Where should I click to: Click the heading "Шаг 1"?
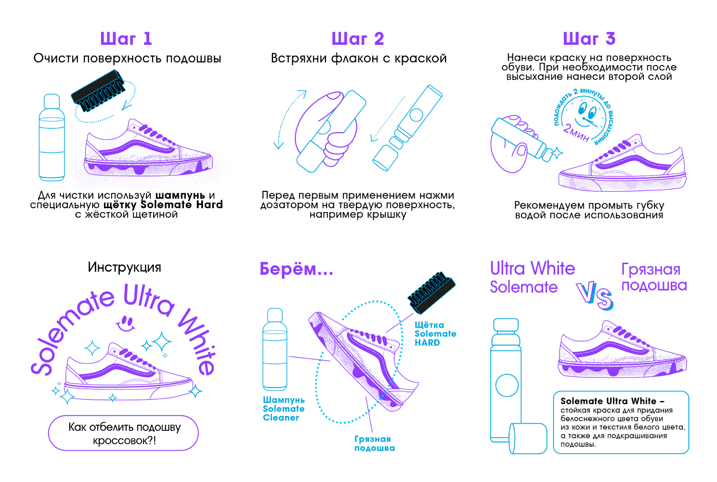[x=126, y=39]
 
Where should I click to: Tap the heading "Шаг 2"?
[x=358, y=39]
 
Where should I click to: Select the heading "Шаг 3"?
[x=589, y=39]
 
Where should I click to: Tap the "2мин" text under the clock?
[x=576, y=133]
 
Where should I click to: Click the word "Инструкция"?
[x=124, y=267]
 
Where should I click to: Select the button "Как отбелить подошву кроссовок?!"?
[x=123, y=433]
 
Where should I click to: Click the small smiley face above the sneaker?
[x=126, y=322]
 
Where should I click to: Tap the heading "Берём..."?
[x=296, y=269]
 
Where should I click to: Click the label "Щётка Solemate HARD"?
[x=435, y=334]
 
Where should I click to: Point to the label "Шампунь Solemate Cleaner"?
[x=284, y=409]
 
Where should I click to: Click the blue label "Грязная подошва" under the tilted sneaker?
[x=375, y=443]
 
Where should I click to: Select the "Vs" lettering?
[x=595, y=295]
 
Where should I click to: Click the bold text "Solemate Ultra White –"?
[x=613, y=401]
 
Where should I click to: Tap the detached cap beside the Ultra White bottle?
[x=528, y=438]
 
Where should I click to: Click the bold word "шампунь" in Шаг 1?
[x=180, y=195]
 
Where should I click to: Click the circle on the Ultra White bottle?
[x=507, y=386]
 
